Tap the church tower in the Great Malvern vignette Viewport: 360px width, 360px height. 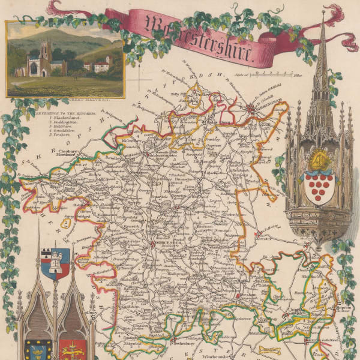45,57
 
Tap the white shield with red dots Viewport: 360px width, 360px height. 317,187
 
